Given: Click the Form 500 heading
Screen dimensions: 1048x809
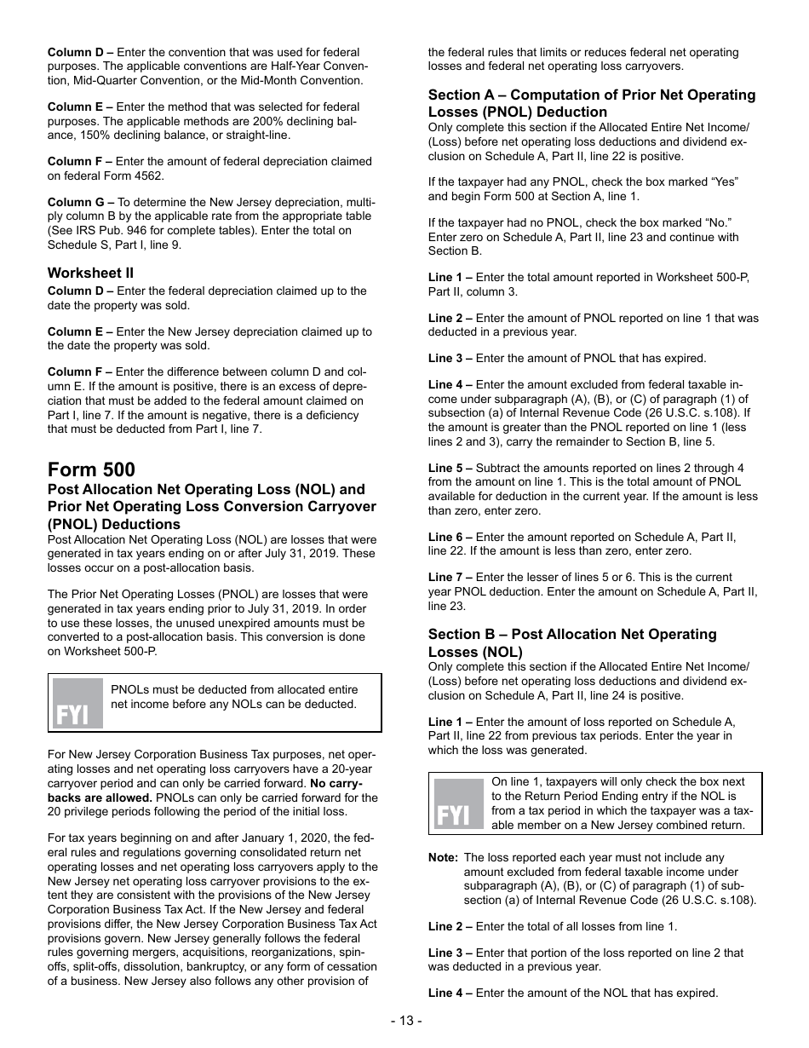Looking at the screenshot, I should [91, 469].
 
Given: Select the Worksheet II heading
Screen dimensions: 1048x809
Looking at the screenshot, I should [90, 274].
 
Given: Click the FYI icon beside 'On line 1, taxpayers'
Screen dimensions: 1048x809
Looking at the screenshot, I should [458, 803].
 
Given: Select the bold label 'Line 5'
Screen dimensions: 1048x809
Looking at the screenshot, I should [450, 468].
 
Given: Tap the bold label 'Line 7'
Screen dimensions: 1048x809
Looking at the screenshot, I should [450, 578].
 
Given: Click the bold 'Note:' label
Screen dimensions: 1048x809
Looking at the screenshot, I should [443, 858].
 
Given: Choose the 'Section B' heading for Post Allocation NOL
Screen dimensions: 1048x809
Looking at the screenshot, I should [571, 642].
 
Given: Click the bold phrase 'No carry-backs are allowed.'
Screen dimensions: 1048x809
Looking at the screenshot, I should [336, 784].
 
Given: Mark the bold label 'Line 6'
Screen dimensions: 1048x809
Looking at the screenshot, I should [450, 537].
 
